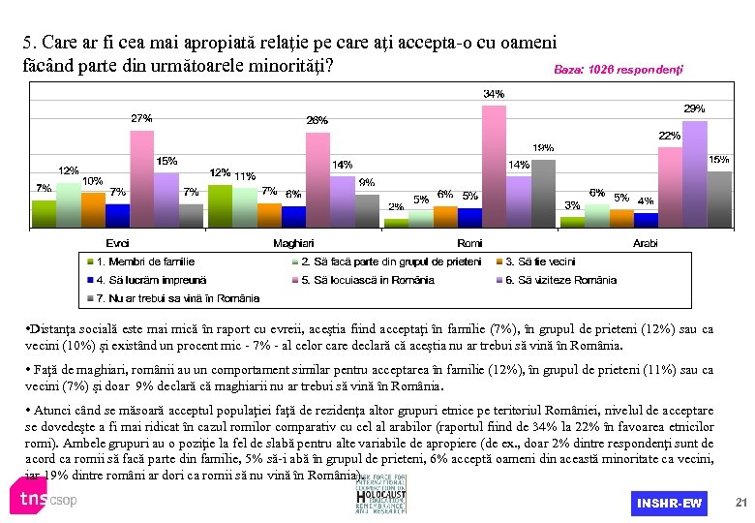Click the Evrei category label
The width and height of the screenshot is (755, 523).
pos(116,243)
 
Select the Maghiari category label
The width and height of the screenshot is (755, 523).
pos(292,243)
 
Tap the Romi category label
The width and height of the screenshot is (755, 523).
pos(469,243)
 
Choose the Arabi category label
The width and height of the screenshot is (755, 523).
pos(646,243)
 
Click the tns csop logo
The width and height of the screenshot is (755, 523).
pos(44,500)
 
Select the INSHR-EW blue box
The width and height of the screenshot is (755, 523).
pos(669,504)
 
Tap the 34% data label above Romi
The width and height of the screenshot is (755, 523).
pos(493,94)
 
